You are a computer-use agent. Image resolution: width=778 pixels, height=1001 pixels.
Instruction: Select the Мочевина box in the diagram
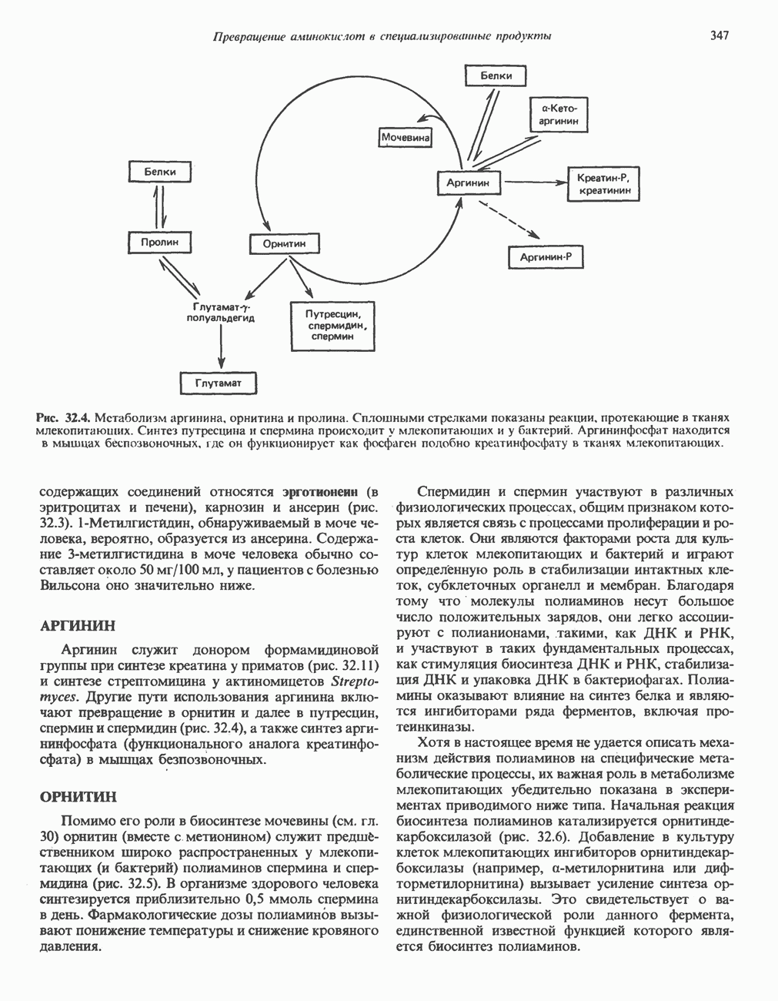click(406, 137)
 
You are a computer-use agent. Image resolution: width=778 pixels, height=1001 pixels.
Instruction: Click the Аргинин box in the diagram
click(468, 183)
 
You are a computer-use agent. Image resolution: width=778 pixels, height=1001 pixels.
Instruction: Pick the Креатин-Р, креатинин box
click(604, 183)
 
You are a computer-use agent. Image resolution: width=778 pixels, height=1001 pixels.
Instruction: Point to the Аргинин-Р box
click(546, 256)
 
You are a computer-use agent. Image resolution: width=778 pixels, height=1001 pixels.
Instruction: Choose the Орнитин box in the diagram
click(284, 244)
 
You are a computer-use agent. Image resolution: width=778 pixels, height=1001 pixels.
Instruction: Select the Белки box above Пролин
click(159, 172)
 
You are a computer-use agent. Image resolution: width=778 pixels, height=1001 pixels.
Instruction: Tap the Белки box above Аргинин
click(497, 76)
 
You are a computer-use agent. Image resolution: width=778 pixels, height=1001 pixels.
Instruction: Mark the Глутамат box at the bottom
click(218, 383)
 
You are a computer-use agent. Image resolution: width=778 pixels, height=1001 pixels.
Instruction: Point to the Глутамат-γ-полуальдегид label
click(221, 312)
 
